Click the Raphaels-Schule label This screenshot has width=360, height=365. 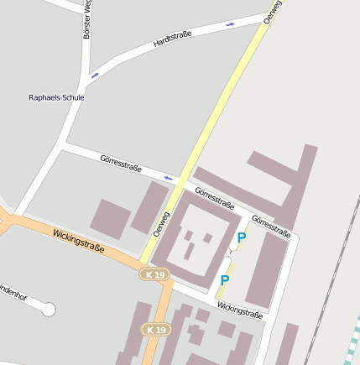(x=57, y=97)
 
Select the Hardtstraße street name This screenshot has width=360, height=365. (x=173, y=39)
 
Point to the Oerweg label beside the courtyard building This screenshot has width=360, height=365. (x=161, y=222)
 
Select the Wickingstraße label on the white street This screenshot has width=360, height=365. (x=240, y=310)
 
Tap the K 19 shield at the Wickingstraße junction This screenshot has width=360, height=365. (x=154, y=274)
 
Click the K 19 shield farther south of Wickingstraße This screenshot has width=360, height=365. (x=154, y=329)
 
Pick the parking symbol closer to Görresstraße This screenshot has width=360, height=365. (x=242, y=238)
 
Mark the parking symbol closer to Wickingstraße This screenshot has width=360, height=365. (x=225, y=280)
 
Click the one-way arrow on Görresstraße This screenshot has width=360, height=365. (x=169, y=177)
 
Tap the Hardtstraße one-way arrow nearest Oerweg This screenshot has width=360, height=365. (x=230, y=24)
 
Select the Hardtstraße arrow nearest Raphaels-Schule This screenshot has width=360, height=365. (x=94, y=76)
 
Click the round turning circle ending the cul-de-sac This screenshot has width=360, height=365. (x=48, y=310)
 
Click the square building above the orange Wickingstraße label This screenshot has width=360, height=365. (x=110, y=217)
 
